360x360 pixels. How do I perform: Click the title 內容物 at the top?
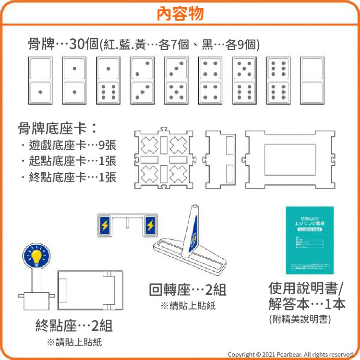point(180,13)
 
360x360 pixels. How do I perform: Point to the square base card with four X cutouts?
point(164,159)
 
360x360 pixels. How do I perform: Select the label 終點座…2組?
point(74,326)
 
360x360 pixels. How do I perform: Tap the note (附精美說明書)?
point(300,319)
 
